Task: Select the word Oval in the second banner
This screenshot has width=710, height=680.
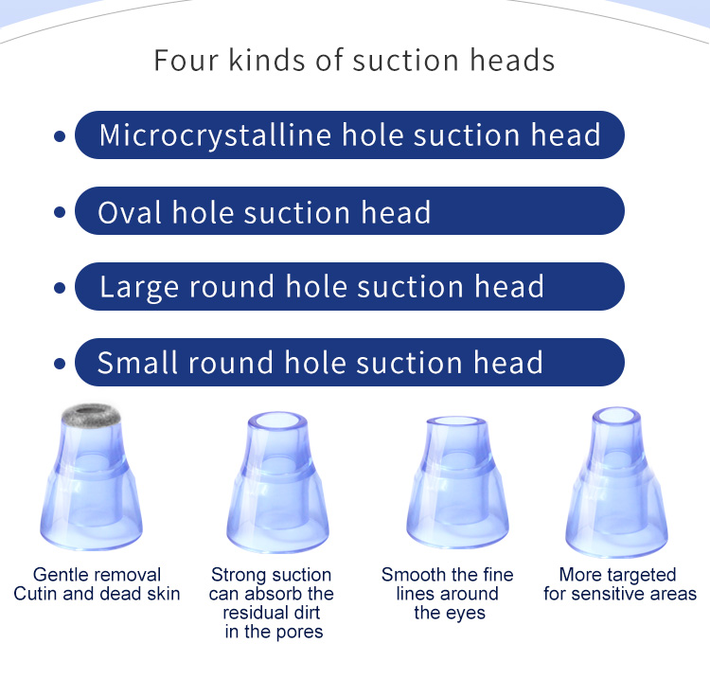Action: pos(131,211)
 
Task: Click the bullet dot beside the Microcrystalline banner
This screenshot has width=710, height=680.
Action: pos(60,136)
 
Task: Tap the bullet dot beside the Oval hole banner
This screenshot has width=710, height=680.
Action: pos(60,211)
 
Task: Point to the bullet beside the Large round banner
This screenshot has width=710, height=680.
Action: pos(60,287)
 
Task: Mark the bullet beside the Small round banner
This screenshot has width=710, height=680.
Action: pos(60,363)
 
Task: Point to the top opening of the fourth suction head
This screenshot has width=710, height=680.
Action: pos(619,418)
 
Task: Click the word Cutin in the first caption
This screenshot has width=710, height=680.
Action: pos(39,594)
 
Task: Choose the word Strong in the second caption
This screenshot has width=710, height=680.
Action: pos(237,575)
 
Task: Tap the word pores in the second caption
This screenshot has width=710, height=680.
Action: pos(299,632)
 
